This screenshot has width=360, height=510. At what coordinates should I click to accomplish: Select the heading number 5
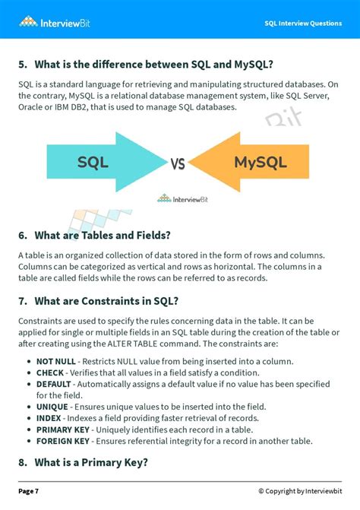tap(24, 62)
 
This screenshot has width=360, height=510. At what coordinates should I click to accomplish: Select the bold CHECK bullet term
tap(50, 372)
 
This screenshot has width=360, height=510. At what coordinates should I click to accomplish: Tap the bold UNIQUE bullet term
tap(52, 407)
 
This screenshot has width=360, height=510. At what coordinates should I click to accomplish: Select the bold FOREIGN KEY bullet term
tap(63, 442)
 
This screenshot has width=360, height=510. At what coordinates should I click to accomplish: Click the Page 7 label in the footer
tap(29, 491)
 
